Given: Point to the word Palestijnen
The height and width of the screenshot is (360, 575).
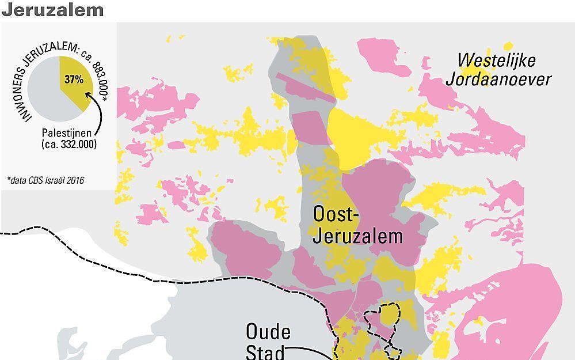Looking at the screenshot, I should tap(69, 133).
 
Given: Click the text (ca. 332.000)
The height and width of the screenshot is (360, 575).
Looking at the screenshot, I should tap(69, 145).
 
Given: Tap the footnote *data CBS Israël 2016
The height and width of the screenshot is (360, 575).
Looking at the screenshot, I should tap(46, 181).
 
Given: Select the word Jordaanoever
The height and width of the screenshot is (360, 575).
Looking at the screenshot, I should tap(498, 78).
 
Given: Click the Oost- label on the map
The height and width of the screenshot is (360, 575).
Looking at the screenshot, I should tap(336, 214).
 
